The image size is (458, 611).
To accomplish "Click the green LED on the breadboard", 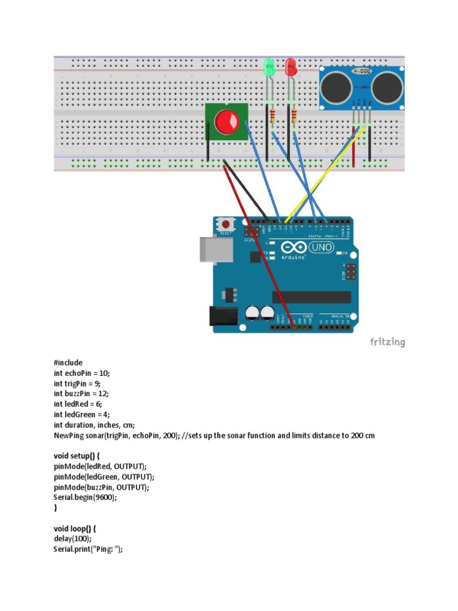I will pyautogui.click(x=269, y=66).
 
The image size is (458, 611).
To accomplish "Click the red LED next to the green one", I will pyautogui.click(x=290, y=67).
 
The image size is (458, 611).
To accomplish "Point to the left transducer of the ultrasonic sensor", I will pyautogui.click(x=335, y=87).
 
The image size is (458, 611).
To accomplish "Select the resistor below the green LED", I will pyautogui.click(x=273, y=115).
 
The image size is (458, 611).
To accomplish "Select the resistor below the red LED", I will pyautogui.click(x=294, y=115).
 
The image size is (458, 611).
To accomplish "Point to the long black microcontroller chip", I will pyautogui.click(x=311, y=297).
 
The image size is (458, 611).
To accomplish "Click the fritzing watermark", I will pyautogui.click(x=388, y=342).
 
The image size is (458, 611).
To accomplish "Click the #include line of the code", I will pyautogui.click(x=68, y=363).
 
